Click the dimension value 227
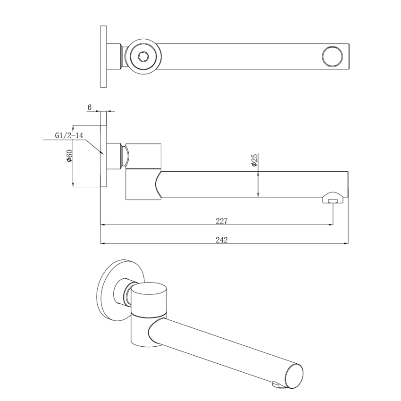click(222, 221)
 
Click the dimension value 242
click(222, 240)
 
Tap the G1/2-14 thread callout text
click(69, 135)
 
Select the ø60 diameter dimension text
click(69, 156)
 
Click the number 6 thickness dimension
click(90, 107)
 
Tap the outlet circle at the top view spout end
click(332, 57)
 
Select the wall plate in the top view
click(103, 57)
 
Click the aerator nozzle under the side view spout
click(333, 199)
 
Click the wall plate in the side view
click(104, 156)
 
